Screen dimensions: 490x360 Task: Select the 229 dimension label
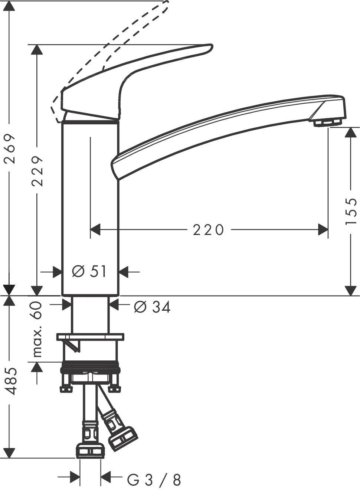pos(37,171)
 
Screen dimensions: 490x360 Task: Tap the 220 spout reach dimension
pos(209,230)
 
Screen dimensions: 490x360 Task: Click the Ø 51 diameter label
pos(89,272)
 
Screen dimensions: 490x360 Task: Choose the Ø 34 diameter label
pos(152,307)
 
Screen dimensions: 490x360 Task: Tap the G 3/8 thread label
pos(154,480)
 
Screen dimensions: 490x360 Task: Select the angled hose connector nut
pos(123,439)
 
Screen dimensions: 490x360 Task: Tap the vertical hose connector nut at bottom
pos(90,451)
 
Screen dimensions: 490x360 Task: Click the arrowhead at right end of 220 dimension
pos(323,230)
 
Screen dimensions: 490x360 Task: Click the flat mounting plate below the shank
pos(90,337)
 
